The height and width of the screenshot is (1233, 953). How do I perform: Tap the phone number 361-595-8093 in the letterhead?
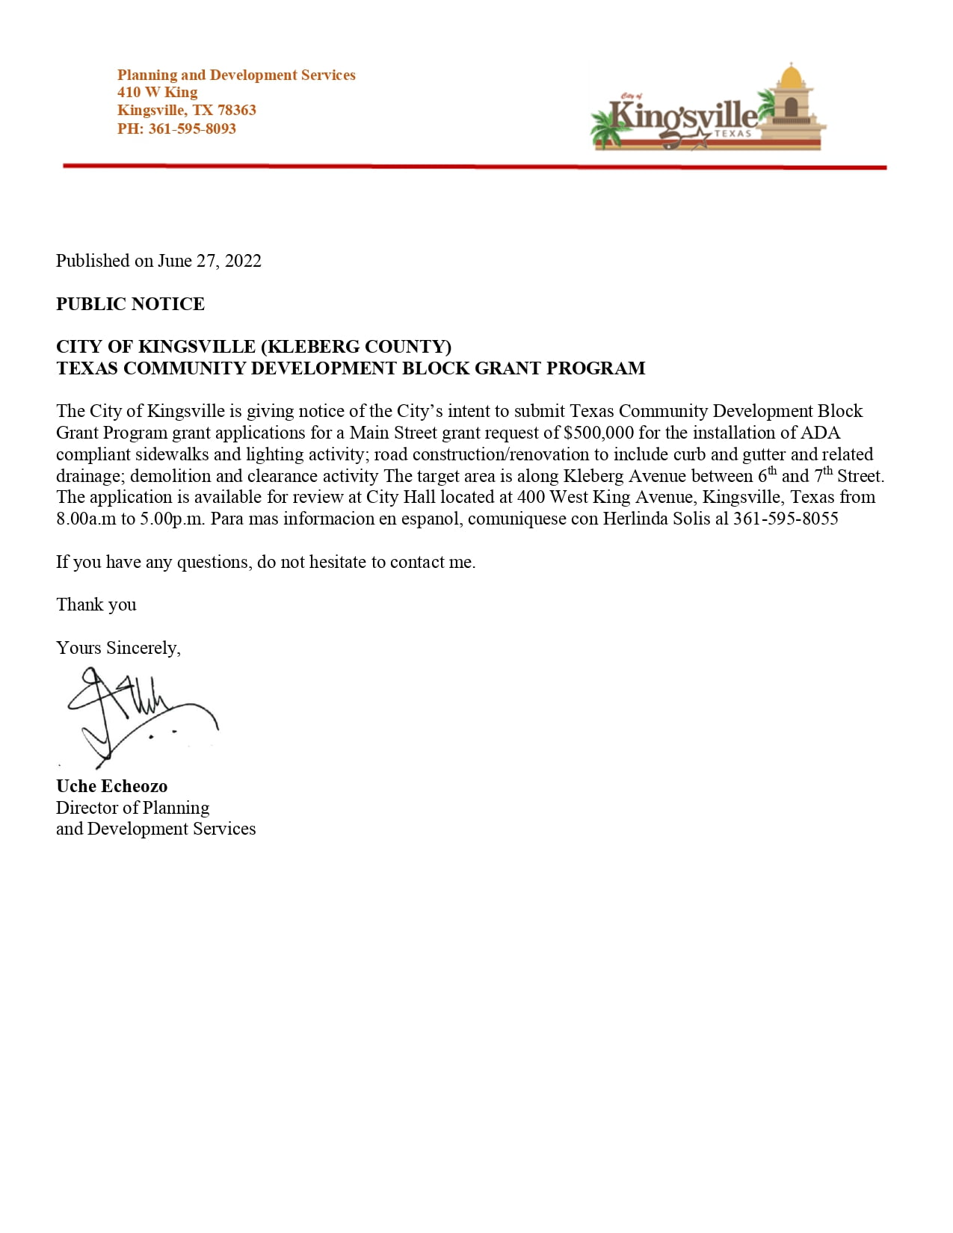click(192, 129)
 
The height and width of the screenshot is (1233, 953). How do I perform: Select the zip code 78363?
click(237, 111)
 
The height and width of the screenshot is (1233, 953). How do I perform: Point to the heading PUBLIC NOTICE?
click(130, 304)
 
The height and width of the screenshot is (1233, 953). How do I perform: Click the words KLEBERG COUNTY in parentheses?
click(355, 347)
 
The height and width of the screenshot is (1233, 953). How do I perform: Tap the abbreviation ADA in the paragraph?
click(820, 433)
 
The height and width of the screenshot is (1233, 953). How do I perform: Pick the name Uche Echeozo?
click(111, 786)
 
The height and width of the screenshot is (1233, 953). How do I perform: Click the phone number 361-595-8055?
click(786, 519)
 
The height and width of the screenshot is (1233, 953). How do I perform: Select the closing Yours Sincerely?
click(118, 648)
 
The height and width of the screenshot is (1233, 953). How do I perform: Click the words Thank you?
click(96, 605)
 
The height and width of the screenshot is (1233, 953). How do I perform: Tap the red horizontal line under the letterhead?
click(475, 166)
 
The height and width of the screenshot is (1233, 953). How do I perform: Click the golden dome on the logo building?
click(790, 75)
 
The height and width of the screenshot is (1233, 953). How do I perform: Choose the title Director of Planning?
click(132, 808)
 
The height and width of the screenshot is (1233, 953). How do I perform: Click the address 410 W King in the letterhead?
click(158, 93)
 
